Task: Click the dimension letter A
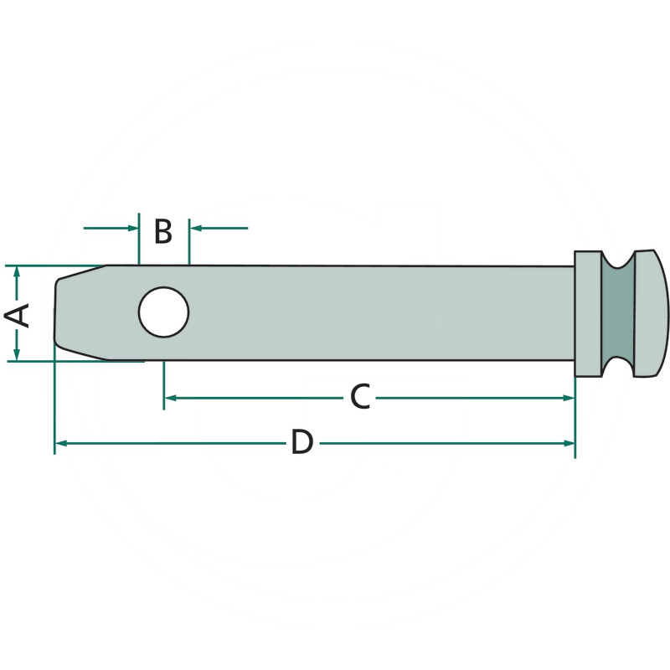17,315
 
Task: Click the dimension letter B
163,231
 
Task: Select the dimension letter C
360,397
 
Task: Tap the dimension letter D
302,442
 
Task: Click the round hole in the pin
163,312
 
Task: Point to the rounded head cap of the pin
651,313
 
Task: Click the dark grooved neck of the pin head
618,313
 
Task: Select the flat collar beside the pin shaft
589,313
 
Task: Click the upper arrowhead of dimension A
17,271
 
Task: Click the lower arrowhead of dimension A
17,355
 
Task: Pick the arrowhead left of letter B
133,228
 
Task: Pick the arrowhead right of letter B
195,228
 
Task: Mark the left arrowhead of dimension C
171,399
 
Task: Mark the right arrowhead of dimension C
569,399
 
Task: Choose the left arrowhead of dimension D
61,444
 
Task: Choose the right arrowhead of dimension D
569,444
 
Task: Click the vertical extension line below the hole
163,385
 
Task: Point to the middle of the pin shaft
341,312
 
